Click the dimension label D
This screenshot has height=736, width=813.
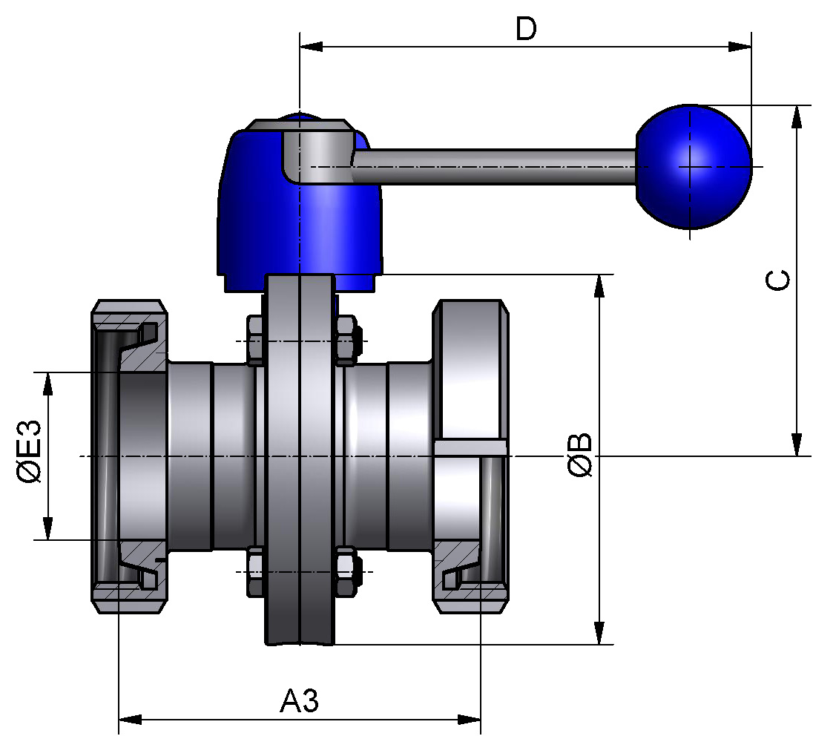pos(526,29)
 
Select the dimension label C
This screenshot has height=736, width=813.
pos(777,280)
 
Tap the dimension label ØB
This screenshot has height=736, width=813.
pos(580,454)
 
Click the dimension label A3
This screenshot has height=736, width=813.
pos(300,700)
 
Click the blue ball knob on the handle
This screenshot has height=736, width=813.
pos(694,166)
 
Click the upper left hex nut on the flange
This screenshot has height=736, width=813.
pos(255,341)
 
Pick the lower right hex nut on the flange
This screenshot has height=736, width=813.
pos(346,572)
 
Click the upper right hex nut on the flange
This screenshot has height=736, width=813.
pos(346,341)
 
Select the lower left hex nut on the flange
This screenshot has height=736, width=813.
pos(255,572)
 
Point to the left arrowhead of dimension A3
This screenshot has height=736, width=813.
pos(131,719)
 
